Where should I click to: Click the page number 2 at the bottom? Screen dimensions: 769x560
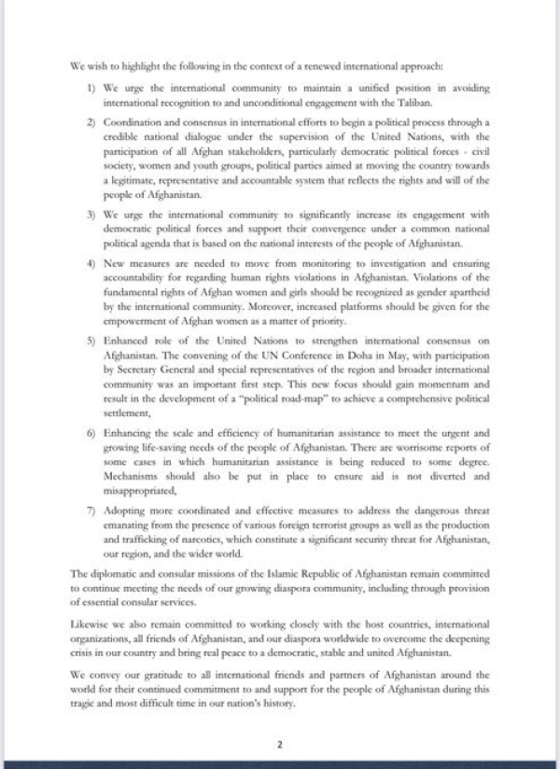pos(279,744)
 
